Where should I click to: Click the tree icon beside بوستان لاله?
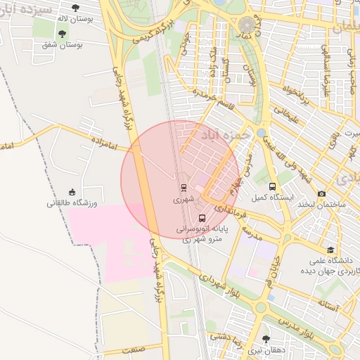(x=62, y=33)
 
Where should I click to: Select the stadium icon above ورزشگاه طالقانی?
(x=72, y=192)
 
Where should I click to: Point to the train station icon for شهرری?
(x=184, y=188)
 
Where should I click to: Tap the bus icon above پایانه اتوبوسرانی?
(x=202, y=218)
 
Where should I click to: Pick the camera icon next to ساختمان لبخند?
(x=322, y=193)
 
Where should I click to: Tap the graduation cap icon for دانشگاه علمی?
(x=330, y=250)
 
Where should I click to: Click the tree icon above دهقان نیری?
(x=265, y=339)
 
